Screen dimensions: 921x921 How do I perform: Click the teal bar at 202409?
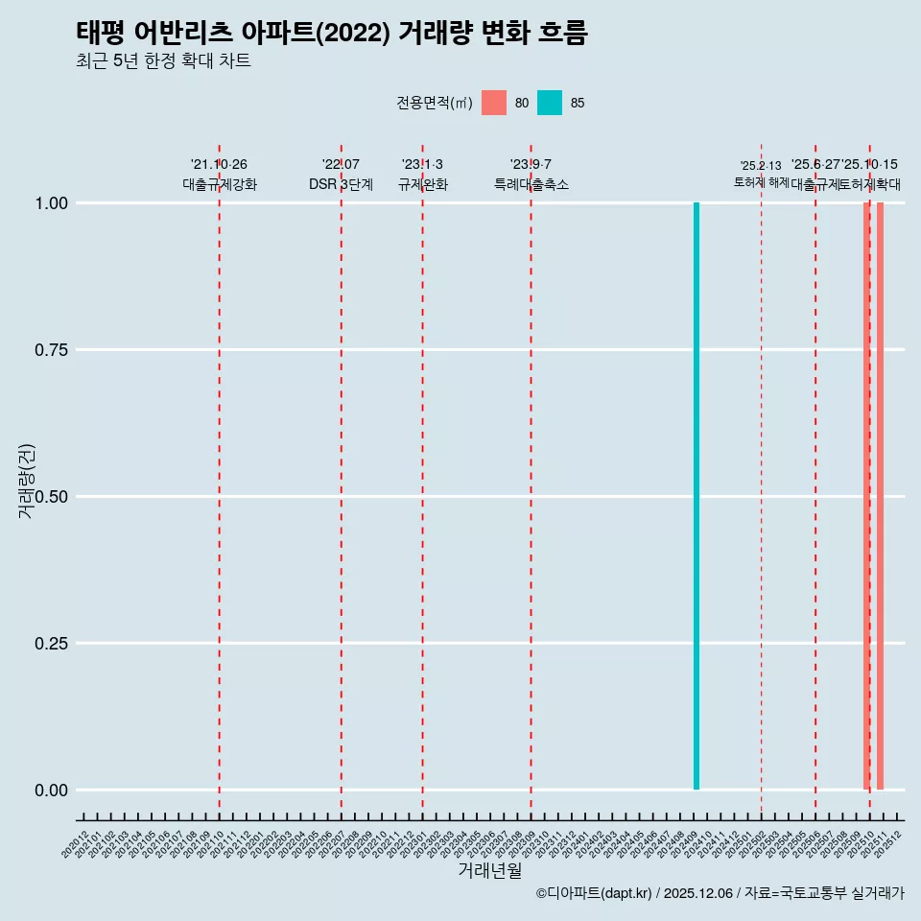click(x=697, y=496)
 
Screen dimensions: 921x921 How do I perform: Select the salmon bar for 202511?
click(x=881, y=496)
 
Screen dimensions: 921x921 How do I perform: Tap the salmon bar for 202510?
click(x=866, y=496)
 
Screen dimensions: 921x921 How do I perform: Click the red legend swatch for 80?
click(x=494, y=103)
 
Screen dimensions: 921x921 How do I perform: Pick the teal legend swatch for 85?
click(x=550, y=103)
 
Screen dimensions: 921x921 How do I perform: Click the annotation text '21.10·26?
click(x=220, y=165)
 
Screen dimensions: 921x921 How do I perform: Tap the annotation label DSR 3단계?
click(x=341, y=184)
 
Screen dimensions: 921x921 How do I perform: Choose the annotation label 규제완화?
click(x=422, y=184)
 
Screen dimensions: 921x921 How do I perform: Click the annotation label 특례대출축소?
click(x=531, y=184)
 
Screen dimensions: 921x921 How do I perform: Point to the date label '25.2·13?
click(x=761, y=166)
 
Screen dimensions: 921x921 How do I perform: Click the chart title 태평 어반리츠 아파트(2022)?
click(x=331, y=33)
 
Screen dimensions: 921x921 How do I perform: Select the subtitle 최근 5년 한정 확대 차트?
click(x=163, y=61)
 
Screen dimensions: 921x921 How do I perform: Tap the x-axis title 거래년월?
click(x=490, y=870)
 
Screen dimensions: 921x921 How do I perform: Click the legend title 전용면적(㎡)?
click(x=435, y=103)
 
